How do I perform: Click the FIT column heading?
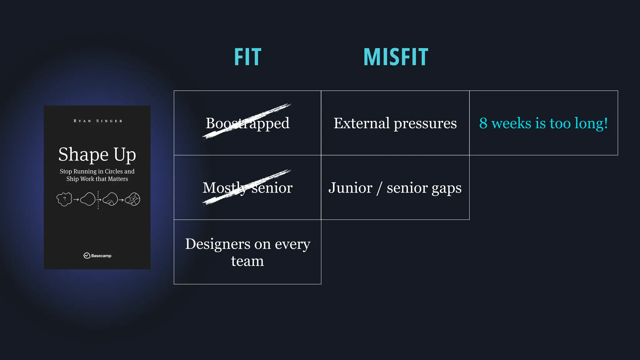tap(247, 57)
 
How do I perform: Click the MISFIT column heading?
tap(396, 57)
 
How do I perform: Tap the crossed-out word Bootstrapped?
tap(247, 123)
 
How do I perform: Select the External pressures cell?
tap(395, 123)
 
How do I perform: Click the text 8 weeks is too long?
tap(543, 123)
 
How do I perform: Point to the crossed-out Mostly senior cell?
tap(247, 188)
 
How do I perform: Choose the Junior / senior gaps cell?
tap(395, 188)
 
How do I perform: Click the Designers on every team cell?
tap(247, 252)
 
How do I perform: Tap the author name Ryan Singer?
tap(98, 121)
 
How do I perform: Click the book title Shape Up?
tap(97, 154)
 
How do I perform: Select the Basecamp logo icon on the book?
tap(87, 256)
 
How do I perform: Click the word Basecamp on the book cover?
tap(101, 256)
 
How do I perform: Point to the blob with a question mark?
tap(64, 199)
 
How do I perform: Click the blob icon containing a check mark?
tap(133, 199)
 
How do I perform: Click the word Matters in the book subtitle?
tap(118, 179)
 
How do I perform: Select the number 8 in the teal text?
tap(483, 123)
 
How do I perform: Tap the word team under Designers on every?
tap(247, 261)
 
